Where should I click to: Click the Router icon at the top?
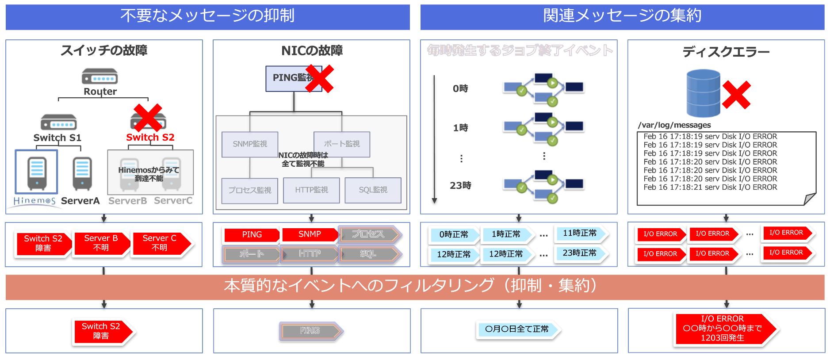(x=99, y=77)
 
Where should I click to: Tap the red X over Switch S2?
(x=148, y=118)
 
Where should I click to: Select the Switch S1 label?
(x=57, y=138)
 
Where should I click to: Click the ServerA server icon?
(x=82, y=173)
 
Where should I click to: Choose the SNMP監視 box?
(x=250, y=144)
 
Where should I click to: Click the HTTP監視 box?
(x=311, y=190)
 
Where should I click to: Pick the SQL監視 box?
(x=373, y=190)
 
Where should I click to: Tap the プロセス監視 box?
(x=250, y=190)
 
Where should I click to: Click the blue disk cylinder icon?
(x=703, y=93)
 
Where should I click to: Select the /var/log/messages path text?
(x=674, y=125)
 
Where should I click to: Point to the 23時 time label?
(x=460, y=185)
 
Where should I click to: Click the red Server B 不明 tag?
(x=101, y=243)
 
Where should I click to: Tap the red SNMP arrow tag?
(x=310, y=234)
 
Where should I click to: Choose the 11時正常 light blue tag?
(x=580, y=233)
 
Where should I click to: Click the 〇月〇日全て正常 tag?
(x=517, y=329)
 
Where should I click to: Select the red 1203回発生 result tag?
(x=723, y=328)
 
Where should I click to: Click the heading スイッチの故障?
(x=104, y=50)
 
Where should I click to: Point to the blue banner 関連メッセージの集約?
(x=622, y=16)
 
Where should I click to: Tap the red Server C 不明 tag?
(x=160, y=243)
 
